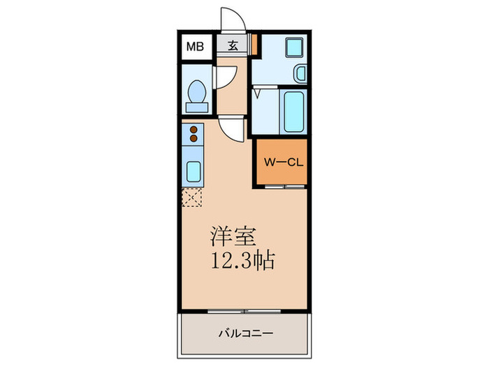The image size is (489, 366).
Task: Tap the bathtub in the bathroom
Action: (x=292, y=111)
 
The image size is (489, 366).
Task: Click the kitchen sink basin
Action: (x=193, y=171)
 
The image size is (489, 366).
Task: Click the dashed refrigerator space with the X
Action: (x=192, y=198)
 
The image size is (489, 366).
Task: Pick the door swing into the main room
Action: (x=231, y=129)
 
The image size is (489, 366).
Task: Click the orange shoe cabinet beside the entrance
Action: (x=255, y=46)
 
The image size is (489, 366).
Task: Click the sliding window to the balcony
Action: (x=244, y=307)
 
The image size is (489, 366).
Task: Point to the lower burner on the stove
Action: (x=194, y=139)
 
